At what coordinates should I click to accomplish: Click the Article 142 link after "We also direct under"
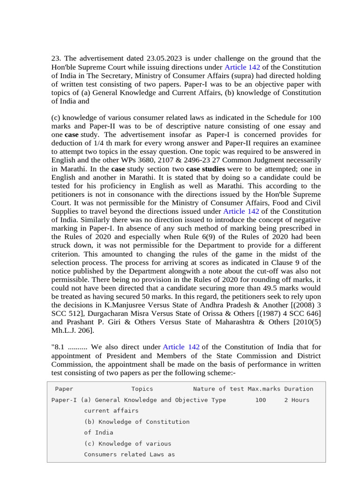181,347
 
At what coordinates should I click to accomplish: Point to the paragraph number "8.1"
60,347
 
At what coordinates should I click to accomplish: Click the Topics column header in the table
142,389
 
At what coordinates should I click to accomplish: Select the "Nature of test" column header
218,389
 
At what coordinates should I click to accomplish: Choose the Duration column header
299,389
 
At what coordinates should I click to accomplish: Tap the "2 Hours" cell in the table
297,400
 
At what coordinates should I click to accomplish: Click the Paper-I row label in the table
64,400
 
